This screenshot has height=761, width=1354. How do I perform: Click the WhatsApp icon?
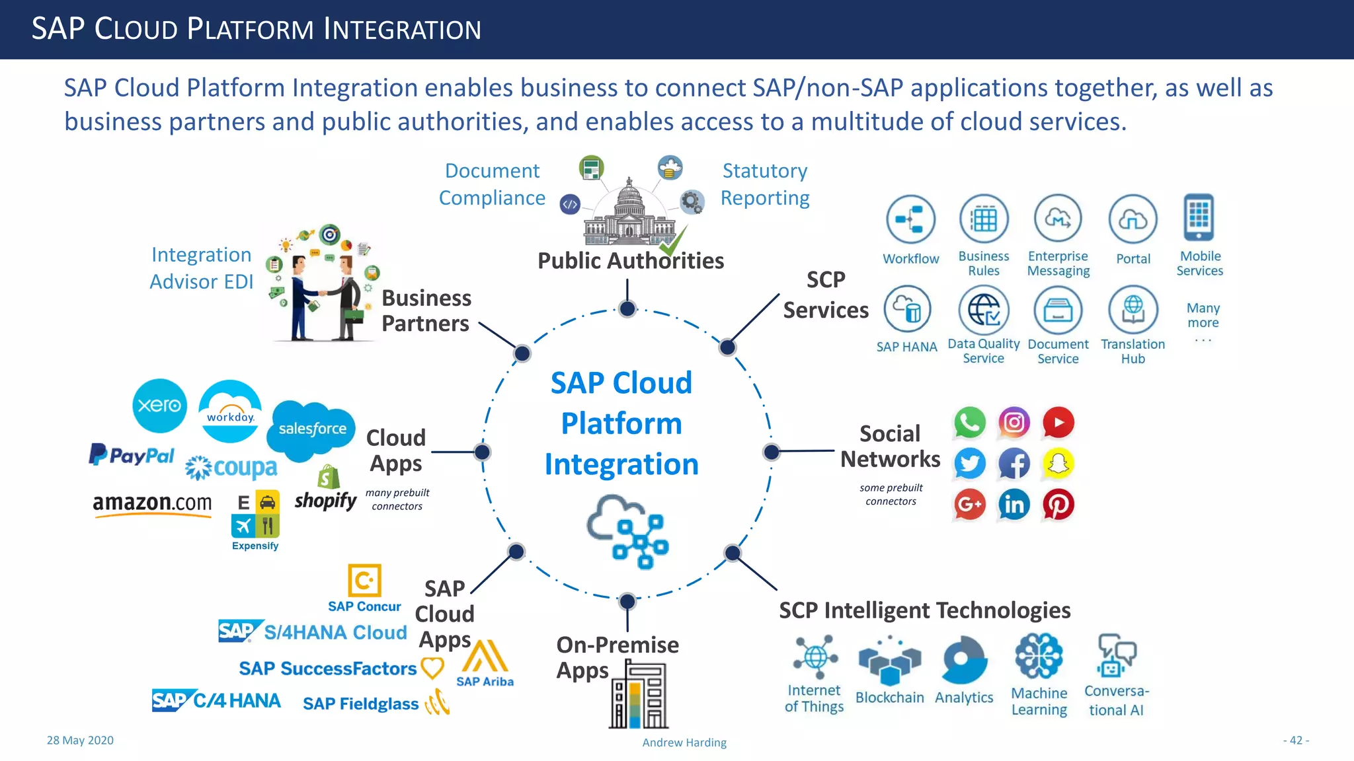(969, 423)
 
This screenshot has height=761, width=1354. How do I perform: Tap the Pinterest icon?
(1058, 505)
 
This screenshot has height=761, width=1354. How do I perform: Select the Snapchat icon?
(1058, 464)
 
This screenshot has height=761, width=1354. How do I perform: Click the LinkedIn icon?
(1014, 505)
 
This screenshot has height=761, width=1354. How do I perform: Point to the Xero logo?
(159, 406)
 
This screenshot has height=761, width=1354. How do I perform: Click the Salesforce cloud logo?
(312, 429)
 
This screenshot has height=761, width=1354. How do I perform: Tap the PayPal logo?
(132, 455)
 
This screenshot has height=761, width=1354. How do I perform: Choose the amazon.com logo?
(152, 504)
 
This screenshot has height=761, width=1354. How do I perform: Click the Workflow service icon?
(910, 219)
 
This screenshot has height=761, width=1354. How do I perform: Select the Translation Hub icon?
(1133, 309)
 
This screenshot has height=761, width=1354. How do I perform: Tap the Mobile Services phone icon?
(1199, 217)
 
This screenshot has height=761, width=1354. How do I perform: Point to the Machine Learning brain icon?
(1039, 657)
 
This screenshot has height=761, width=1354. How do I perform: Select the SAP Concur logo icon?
(364, 581)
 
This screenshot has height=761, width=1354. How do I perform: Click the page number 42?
(1296, 741)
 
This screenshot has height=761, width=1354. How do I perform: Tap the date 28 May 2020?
(80, 741)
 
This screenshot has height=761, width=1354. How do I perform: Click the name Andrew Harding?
(684, 743)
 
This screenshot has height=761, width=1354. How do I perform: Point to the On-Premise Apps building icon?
(638, 696)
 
